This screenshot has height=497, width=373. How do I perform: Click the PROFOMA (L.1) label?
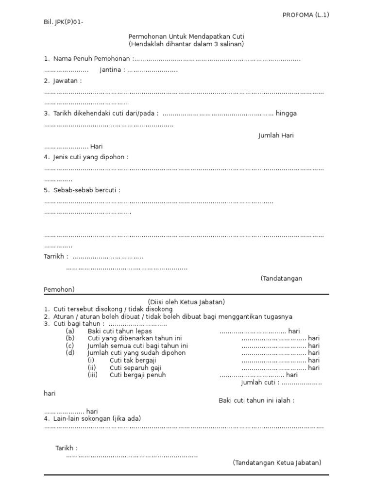tap(305, 15)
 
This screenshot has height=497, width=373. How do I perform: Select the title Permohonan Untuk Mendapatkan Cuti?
tap(186, 36)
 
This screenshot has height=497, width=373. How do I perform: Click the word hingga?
tap(286, 113)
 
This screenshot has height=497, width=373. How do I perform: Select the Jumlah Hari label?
tap(275, 135)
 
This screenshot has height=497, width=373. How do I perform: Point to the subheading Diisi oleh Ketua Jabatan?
tap(186, 302)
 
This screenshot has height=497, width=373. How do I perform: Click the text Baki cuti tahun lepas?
tap(119, 331)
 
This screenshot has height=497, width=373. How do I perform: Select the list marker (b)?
tap(70, 338)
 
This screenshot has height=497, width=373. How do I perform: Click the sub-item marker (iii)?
tap(93, 375)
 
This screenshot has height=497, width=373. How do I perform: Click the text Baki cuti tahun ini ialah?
tap(256, 400)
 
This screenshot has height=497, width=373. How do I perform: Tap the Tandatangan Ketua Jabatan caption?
tap(277, 463)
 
